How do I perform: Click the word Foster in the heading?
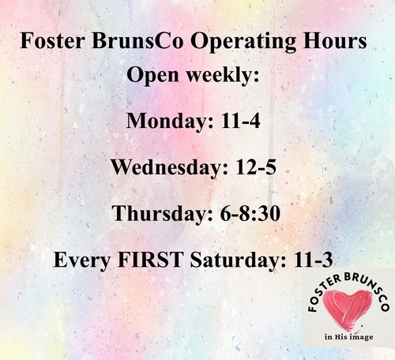[x=52, y=41]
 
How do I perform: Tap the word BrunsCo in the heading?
[x=137, y=41]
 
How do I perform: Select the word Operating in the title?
[x=243, y=43]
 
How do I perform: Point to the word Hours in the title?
[x=335, y=41]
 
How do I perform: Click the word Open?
[x=152, y=76]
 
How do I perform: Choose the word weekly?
[x=223, y=75]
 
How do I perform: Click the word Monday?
[x=170, y=122]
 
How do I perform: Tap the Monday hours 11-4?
[x=240, y=121]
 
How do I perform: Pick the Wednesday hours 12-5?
[x=256, y=167]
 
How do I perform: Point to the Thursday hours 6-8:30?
[x=250, y=213]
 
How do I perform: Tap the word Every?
[x=82, y=260]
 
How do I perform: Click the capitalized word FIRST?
[x=151, y=259]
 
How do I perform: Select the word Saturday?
[x=238, y=260]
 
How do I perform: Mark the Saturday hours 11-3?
[x=313, y=259]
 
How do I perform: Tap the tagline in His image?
[x=349, y=337]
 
